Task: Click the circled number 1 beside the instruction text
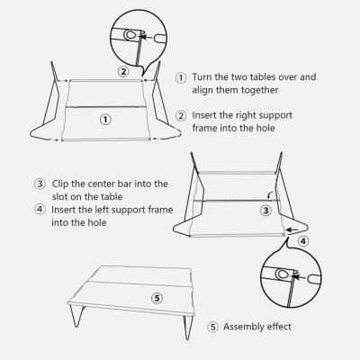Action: tap(181, 78)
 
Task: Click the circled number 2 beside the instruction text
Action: tap(181, 116)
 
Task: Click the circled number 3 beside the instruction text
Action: tap(40, 184)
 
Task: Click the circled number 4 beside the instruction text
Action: tap(40, 210)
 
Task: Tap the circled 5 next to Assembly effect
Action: tap(212, 327)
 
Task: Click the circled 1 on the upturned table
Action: tap(105, 119)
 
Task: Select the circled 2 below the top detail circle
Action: tap(123, 70)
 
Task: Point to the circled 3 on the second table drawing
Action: tap(265, 211)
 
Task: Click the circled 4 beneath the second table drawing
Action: tap(302, 240)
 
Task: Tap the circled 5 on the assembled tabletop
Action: tap(156, 296)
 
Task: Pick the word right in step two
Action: tap(248, 116)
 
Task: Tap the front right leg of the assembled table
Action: tap(187, 326)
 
